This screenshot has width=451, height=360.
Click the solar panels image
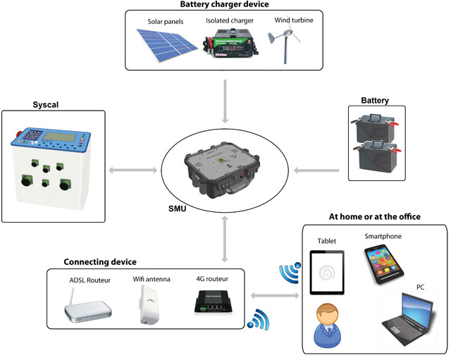tap(166, 44)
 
